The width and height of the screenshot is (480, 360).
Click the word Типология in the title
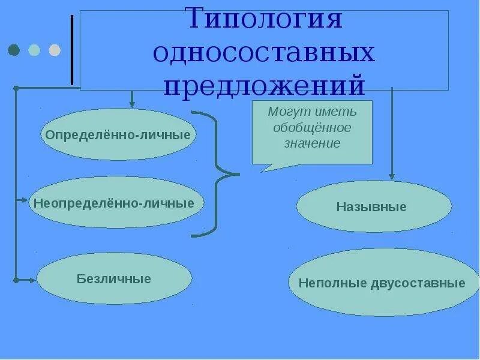tap(264, 19)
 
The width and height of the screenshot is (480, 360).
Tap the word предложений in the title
tap(264, 85)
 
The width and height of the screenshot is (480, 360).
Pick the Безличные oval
tap(114, 278)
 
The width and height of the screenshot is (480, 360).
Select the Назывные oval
tap(373, 207)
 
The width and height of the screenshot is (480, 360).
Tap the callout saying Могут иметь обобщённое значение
tap(312, 132)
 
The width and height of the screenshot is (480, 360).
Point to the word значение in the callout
tap(312, 144)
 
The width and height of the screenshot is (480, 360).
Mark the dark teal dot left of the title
tap(14, 50)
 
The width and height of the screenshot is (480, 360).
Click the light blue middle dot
tap(34, 50)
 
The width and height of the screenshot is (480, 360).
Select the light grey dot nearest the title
tap(54, 50)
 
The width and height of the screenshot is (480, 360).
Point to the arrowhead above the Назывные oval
tap(392, 176)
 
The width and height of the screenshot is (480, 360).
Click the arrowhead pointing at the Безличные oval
tap(33, 280)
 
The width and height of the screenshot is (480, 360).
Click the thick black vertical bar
tap(73, 50)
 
